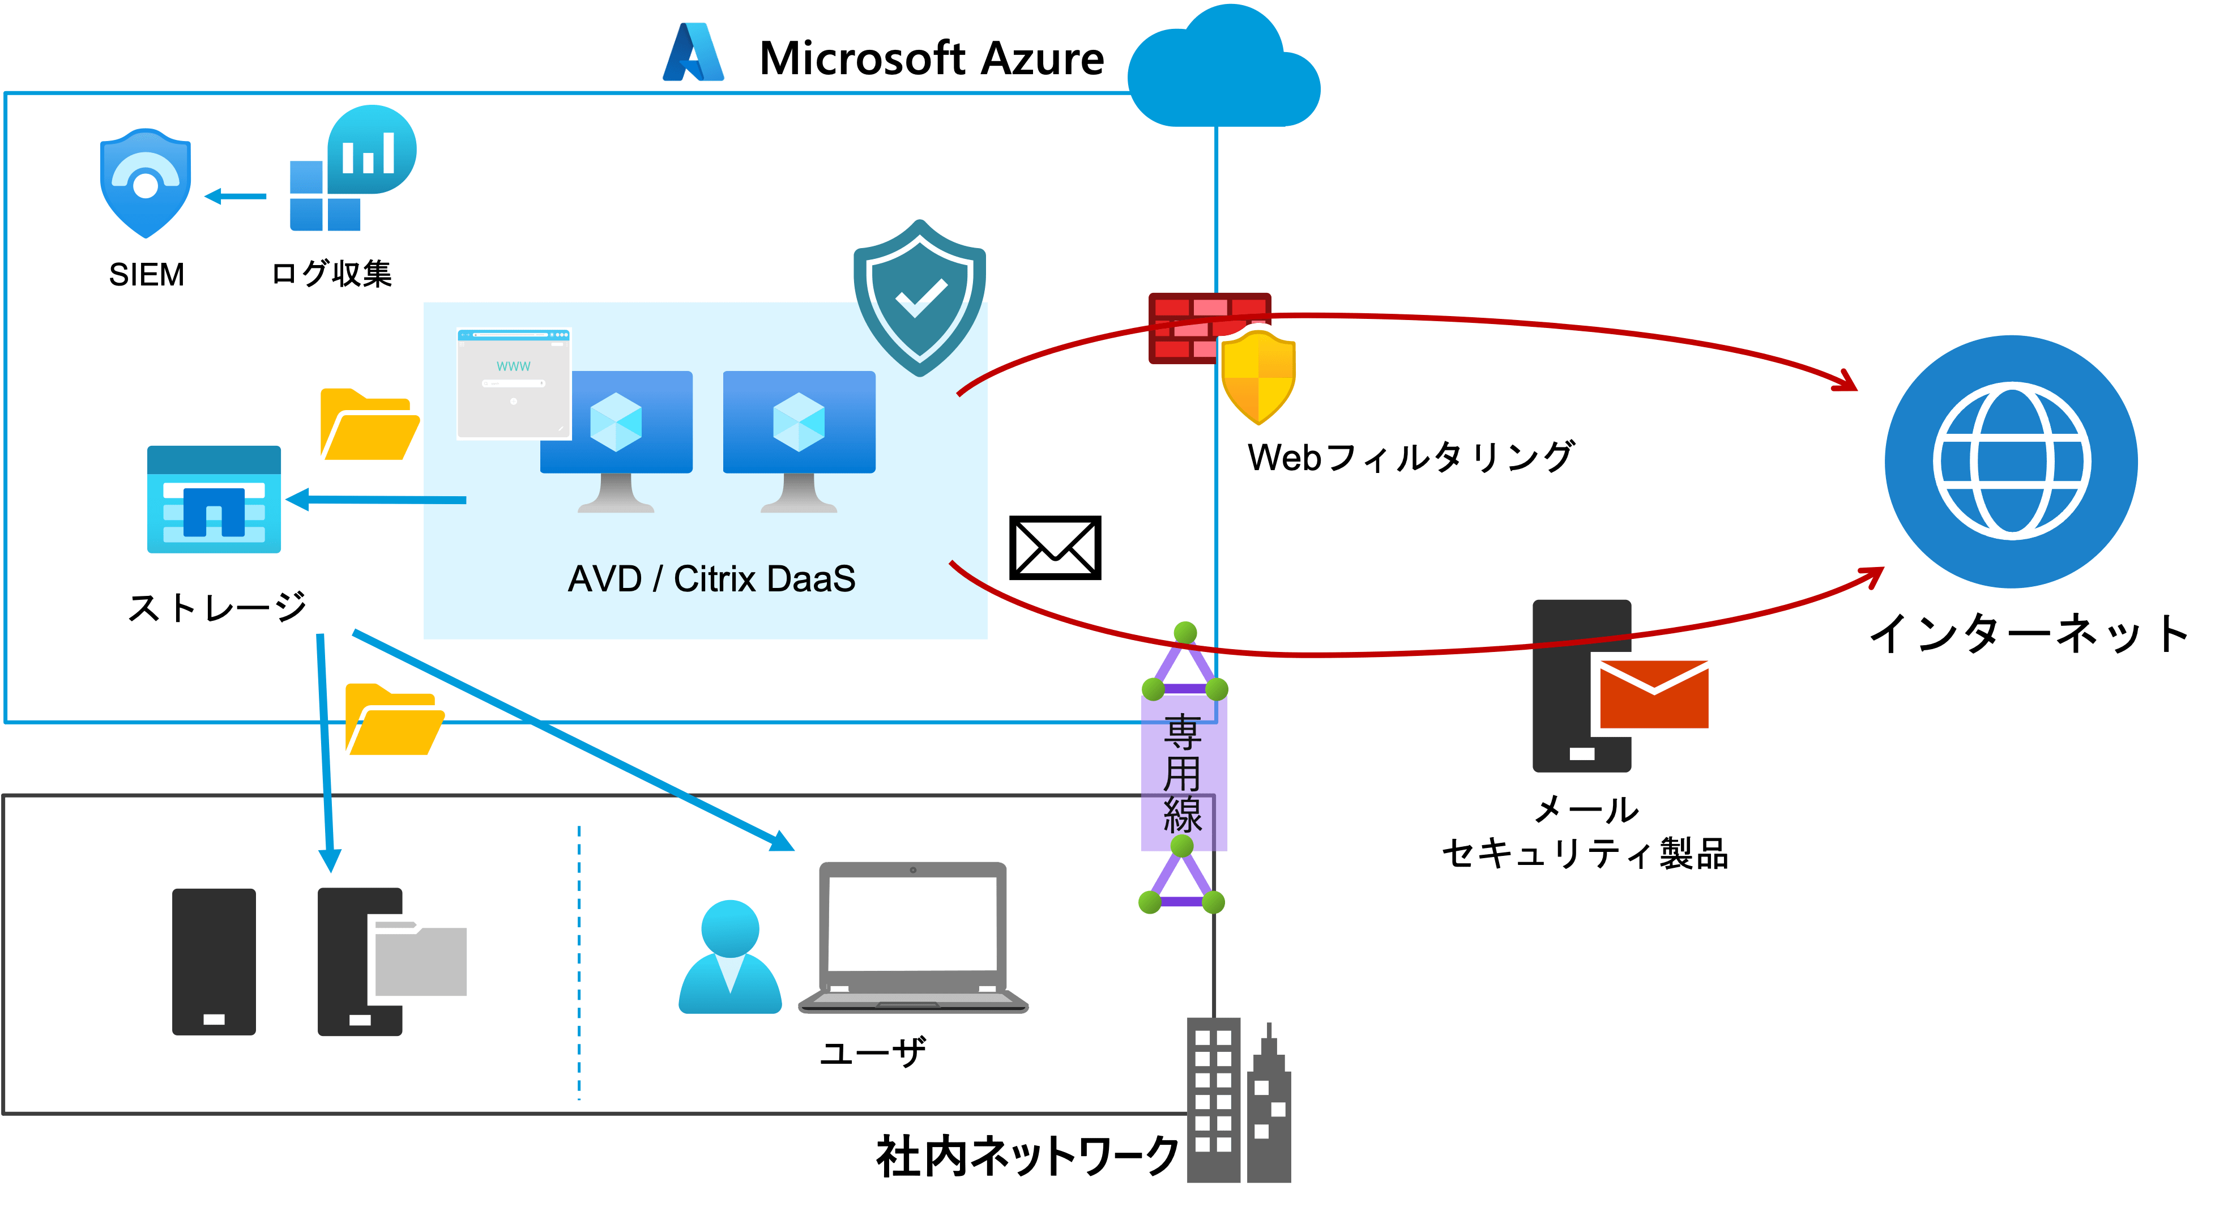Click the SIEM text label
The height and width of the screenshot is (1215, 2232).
147,275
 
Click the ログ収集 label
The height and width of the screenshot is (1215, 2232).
332,274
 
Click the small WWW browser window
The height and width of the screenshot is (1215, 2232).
514,383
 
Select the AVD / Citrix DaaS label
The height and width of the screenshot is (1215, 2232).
711,579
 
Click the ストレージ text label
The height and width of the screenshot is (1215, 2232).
217,607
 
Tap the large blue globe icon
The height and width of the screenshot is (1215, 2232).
2011,461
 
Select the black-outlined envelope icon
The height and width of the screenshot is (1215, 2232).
1055,548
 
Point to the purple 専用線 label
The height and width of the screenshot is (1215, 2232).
1183,774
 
